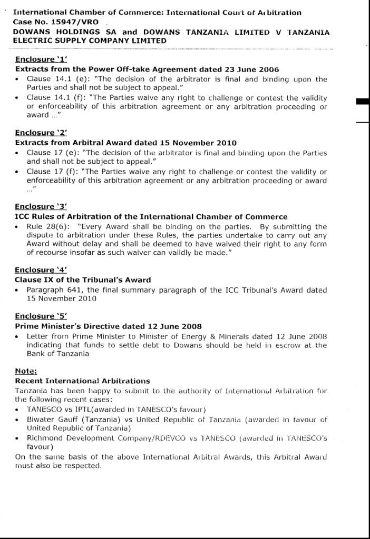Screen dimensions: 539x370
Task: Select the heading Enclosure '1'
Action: tap(41, 59)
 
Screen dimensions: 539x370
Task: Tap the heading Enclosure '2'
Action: tap(41, 133)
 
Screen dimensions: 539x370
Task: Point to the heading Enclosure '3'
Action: tap(41, 207)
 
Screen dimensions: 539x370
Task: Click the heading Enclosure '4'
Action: tap(41, 271)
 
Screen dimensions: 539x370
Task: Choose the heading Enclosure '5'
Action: tap(41, 316)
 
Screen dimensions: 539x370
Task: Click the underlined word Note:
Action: tap(26, 371)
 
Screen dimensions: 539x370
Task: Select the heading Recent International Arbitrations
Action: tap(82, 381)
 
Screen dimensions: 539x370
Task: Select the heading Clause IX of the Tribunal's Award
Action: tap(83, 280)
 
